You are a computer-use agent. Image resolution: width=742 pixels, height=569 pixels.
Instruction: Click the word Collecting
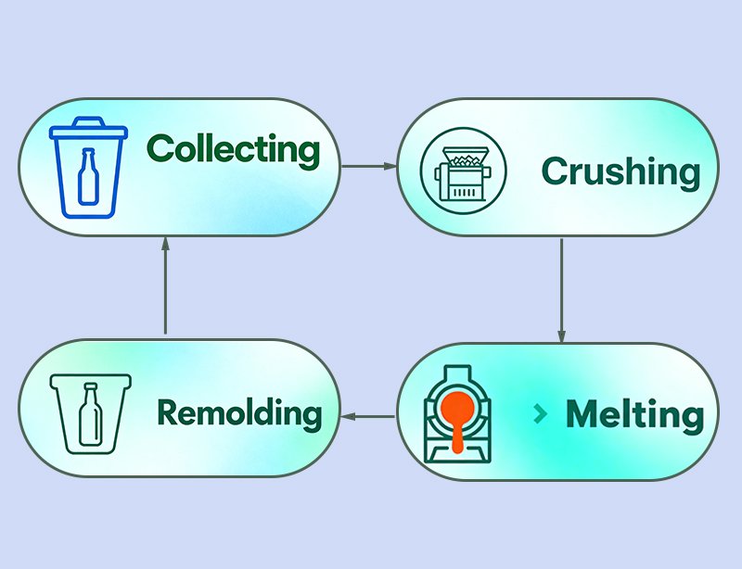coord(233,149)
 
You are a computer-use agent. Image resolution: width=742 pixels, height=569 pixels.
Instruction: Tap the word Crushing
coord(620,171)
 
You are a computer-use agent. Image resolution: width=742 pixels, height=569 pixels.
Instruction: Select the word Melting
coord(634,413)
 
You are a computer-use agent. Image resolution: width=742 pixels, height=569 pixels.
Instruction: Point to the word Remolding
coord(239,412)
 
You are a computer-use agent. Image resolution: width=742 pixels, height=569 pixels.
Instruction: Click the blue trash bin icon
coord(88,167)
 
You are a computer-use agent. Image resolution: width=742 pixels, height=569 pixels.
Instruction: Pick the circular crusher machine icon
coord(457,170)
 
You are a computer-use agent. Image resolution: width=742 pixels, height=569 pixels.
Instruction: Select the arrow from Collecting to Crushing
coord(369,166)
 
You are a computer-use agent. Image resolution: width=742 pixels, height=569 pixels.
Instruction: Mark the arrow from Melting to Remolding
coord(368,416)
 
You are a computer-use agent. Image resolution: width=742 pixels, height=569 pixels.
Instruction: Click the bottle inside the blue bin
coord(89,180)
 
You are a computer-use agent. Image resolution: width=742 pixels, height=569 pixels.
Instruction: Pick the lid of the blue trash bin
coord(88,129)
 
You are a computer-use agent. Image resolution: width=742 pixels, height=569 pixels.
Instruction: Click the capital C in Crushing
coord(556,171)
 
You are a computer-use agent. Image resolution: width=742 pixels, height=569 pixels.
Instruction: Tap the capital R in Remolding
coord(169,412)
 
